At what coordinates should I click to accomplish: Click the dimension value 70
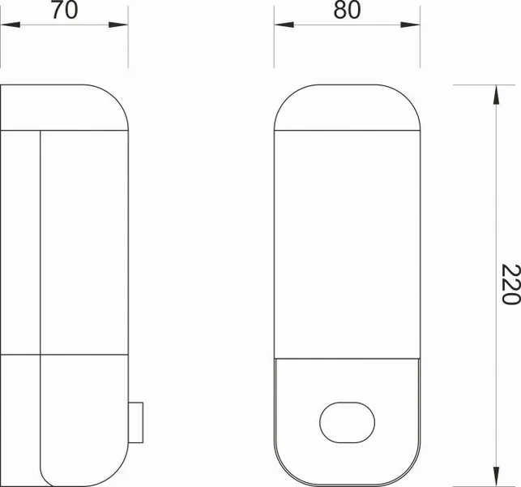(65, 10)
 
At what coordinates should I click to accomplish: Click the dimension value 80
(347, 10)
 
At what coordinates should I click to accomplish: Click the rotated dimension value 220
(510, 284)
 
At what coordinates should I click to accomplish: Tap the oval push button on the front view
(348, 422)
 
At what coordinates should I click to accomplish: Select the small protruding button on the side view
(136, 422)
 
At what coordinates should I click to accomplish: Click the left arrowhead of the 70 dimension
(11, 24)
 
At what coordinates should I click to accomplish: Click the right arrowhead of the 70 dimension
(118, 24)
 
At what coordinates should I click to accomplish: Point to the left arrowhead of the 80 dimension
(284, 24)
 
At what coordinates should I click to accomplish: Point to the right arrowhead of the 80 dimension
(410, 24)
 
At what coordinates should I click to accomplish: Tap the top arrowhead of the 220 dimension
(496, 95)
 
